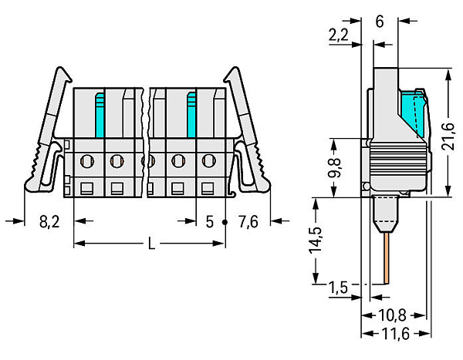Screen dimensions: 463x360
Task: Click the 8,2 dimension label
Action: [x=49, y=221]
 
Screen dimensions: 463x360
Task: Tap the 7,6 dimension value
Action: [x=248, y=221]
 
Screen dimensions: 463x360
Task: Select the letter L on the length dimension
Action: [x=151, y=244]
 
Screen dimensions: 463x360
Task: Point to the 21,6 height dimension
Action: [x=448, y=136]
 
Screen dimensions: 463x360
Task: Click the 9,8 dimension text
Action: [x=334, y=167]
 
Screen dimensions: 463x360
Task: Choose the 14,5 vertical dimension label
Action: [x=316, y=241]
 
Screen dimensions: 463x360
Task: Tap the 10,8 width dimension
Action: [x=392, y=315]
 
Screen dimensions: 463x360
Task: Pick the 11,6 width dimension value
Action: [x=396, y=334]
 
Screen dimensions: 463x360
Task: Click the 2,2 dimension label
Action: [x=339, y=35]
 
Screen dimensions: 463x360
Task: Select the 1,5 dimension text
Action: [x=338, y=288]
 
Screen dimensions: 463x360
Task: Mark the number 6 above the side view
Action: [x=380, y=22]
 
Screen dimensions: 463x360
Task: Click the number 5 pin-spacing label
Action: [x=209, y=222]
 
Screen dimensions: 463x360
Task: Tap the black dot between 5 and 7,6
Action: [x=225, y=222]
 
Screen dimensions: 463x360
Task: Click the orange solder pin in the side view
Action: [x=387, y=258]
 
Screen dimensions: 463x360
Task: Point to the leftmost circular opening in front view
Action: [x=87, y=161]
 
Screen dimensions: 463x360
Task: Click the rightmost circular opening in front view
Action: [x=209, y=161]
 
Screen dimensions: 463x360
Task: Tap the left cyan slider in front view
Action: [x=100, y=115]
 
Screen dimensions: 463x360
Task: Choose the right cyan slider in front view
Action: [x=192, y=115]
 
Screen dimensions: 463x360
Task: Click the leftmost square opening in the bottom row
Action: [x=87, y=189]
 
